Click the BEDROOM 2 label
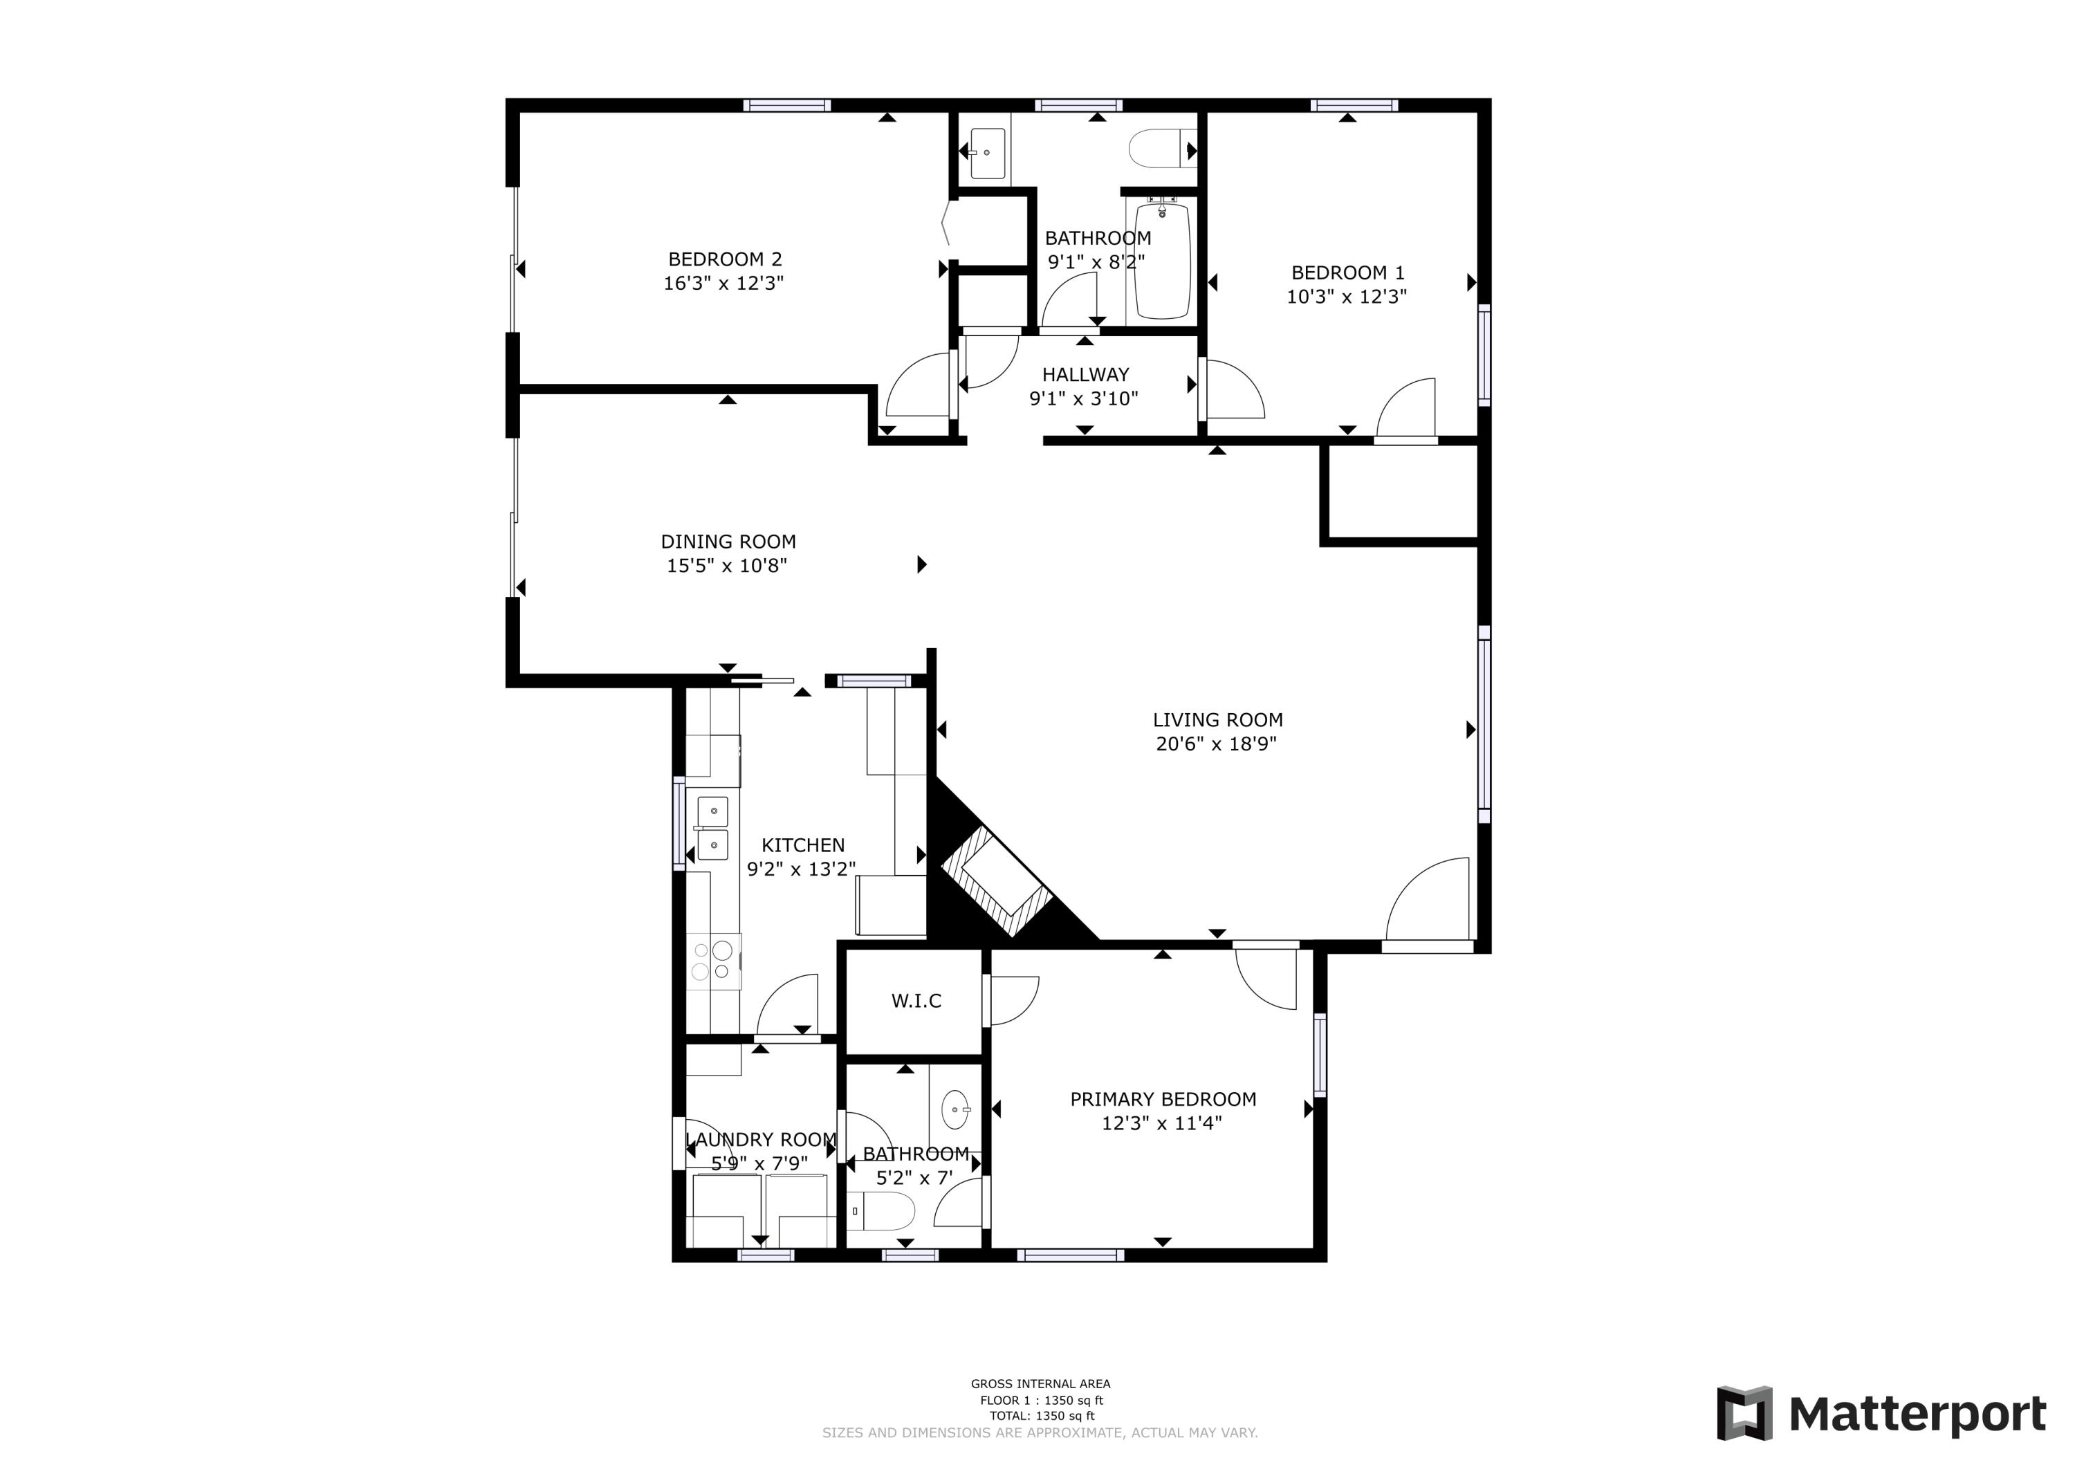724,259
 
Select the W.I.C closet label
916,1001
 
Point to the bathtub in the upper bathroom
1162,261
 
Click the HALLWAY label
1085,374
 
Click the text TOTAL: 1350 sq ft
1041,1417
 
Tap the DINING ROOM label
728,542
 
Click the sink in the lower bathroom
955,1110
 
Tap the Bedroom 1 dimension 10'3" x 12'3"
1346,297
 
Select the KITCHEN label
802,845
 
